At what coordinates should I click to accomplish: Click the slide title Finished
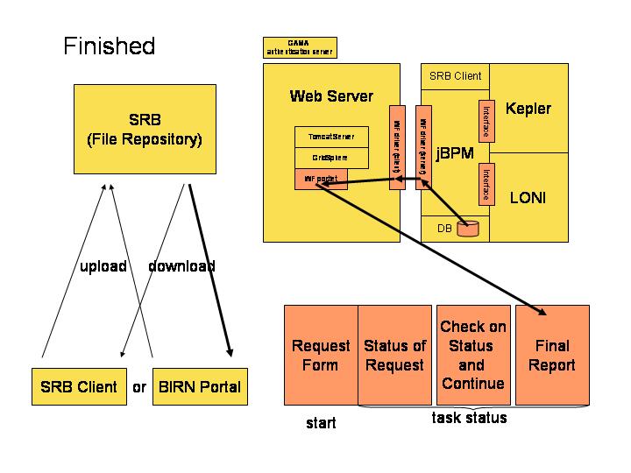109,46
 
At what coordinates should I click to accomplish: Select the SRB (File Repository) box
145,128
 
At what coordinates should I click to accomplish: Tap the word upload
103,266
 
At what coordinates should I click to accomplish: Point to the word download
182,266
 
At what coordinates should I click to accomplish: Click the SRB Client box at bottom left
79,386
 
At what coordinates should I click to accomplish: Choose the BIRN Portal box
198,386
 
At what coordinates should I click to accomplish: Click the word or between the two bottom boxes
139,386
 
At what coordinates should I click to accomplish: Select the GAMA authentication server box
299,47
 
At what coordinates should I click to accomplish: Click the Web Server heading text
331,96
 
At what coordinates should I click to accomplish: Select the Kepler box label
528,109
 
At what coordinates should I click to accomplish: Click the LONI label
528,198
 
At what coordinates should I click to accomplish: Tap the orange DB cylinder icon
469,229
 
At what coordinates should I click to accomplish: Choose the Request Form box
321,355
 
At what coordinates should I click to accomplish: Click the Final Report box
552,355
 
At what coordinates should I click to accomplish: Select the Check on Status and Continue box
472,355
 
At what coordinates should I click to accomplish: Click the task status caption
470,418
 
